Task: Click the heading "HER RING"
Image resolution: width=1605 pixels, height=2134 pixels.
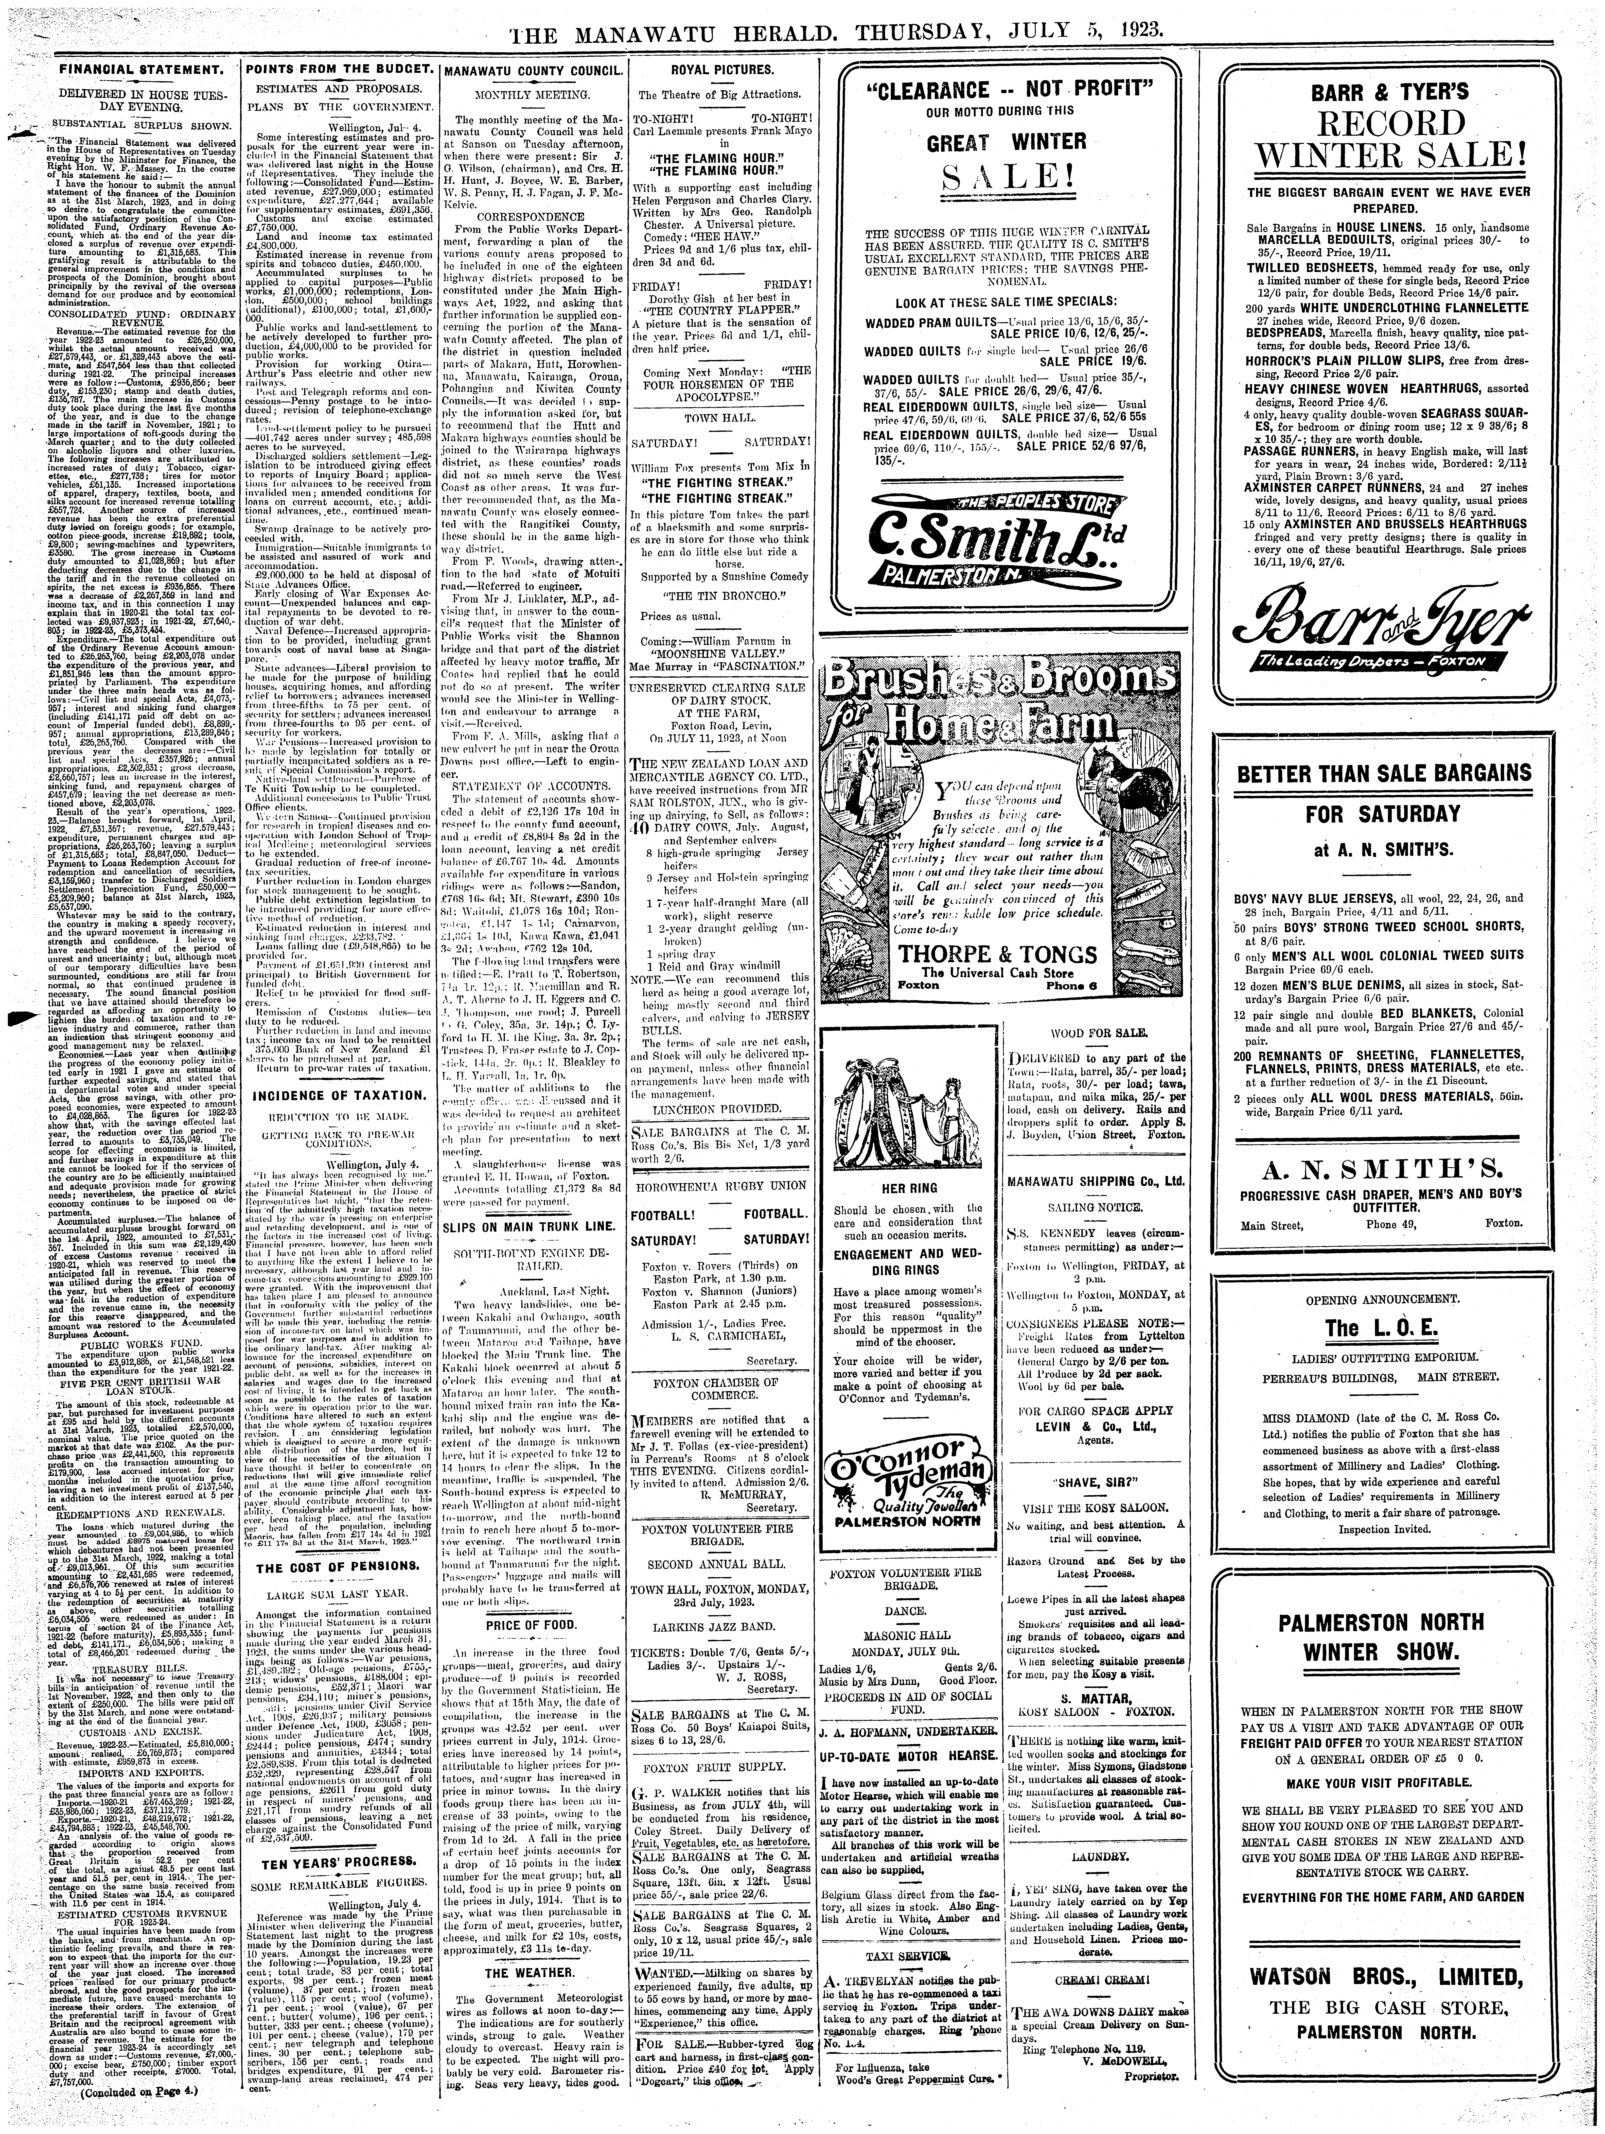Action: tap(911, 1189)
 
